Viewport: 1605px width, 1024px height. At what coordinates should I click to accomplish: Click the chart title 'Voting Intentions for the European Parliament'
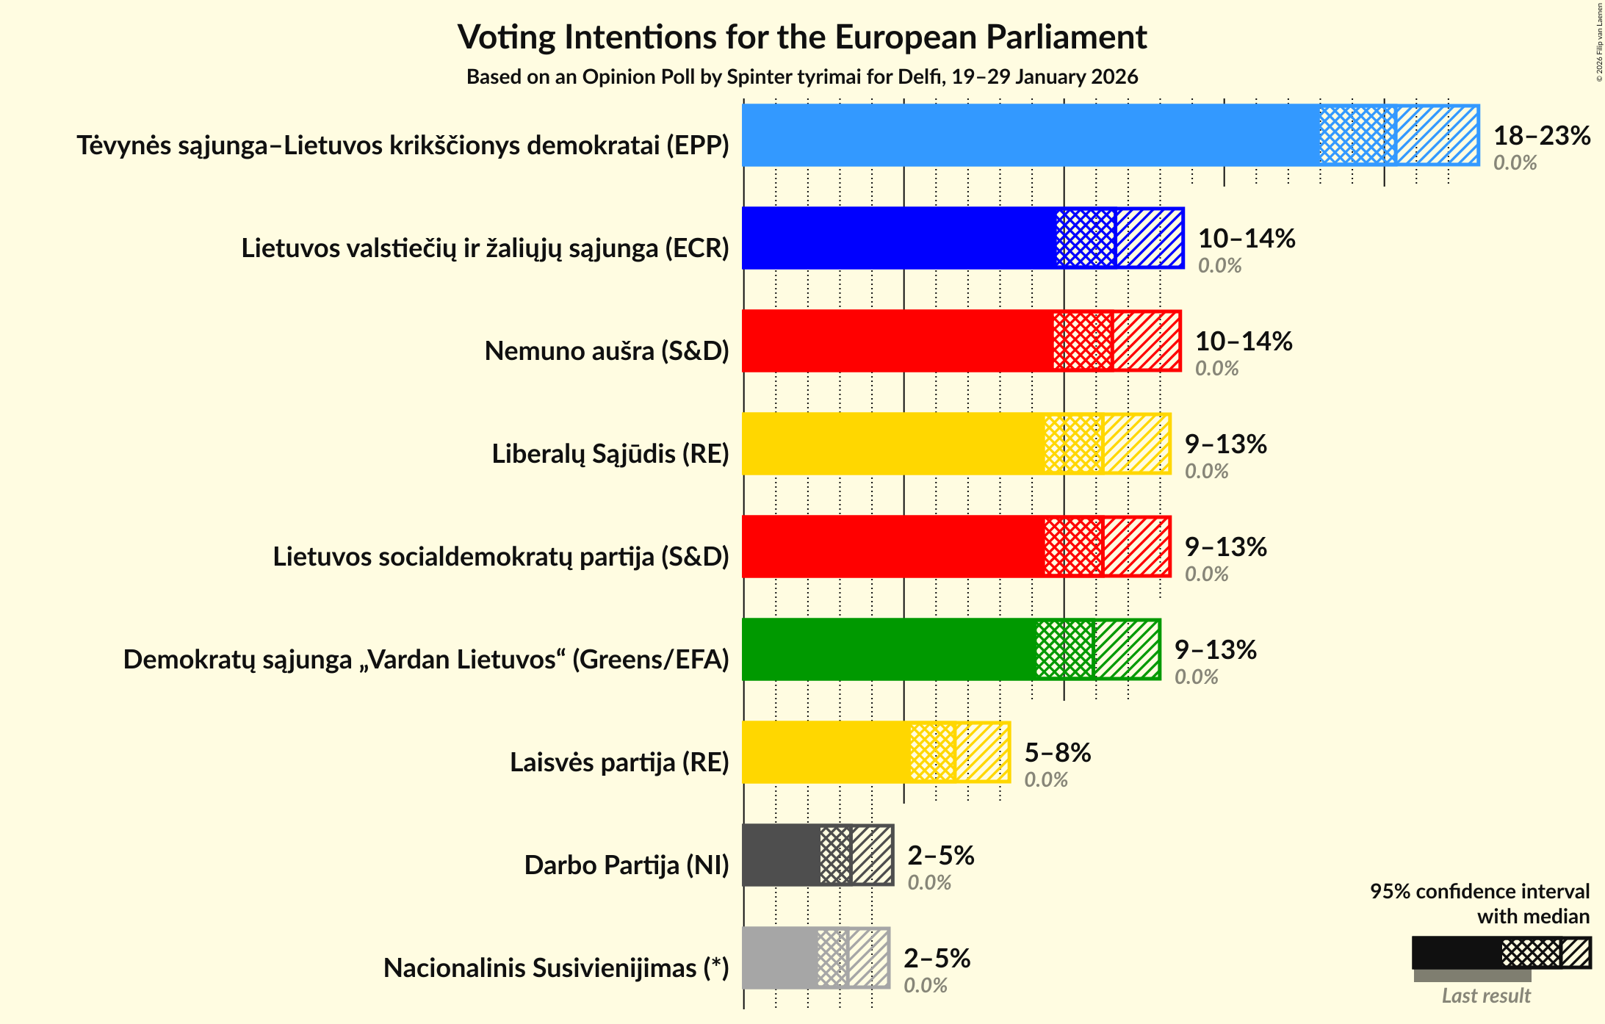(x=802, y=37)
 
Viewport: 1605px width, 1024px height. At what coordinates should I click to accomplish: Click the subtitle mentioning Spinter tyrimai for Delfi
(x=802, y=77)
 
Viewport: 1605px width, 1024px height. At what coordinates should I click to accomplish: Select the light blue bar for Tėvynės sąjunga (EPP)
(x=1028, y=135)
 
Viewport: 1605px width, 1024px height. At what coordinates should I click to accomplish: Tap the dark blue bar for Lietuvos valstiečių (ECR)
(x=896, y=238)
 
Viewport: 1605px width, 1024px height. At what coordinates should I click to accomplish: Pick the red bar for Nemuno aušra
(x=896, y=341)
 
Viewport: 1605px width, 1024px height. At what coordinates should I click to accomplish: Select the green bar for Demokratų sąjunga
(x=889, y=649)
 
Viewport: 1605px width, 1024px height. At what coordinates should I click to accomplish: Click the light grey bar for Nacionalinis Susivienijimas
(x=779, y=958)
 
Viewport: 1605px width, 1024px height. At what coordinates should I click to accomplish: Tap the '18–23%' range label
(x=1542, y=136)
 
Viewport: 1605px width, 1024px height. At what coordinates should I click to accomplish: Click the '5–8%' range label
(x=1058, y=753)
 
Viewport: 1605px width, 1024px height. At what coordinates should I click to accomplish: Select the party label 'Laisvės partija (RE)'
(x=619, y=762)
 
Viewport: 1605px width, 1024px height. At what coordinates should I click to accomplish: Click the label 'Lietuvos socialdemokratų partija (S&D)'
(x=501, y=557)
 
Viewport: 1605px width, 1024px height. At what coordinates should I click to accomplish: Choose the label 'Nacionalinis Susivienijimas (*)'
(x=556, y=968)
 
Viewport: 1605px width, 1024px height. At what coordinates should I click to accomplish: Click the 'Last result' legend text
(x=1486, y=996)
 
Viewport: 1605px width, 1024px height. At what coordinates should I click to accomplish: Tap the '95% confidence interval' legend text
(x=1479, y=892)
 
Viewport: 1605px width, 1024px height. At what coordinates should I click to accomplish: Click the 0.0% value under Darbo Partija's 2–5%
(x=929, y=883)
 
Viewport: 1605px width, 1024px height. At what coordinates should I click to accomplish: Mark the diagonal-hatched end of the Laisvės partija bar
(x=982, y=752)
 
